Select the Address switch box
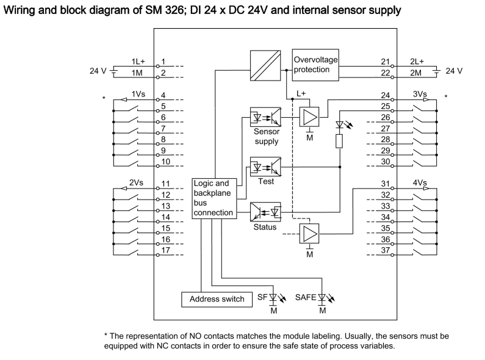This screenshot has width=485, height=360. tap(217, 299)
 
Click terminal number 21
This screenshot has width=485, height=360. tap(384, 62)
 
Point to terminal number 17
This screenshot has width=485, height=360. tap(165, 250)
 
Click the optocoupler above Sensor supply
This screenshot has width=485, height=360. tap(265, 116)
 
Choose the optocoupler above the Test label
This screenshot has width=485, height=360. tap(265, 166)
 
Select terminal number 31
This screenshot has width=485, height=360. tap(384, 184)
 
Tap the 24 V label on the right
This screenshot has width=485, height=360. tap(454, 71)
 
